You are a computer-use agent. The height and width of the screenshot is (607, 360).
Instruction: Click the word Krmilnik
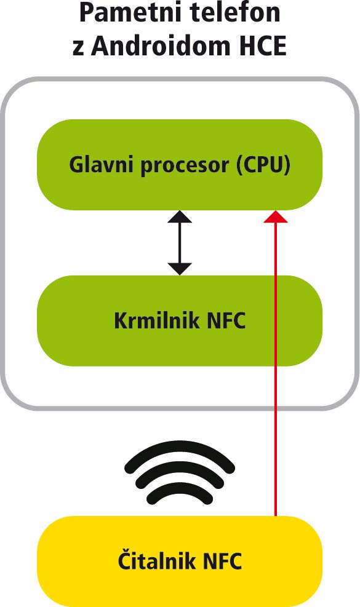coord(157,320)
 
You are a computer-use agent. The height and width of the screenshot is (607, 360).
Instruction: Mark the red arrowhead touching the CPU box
coord(276,216)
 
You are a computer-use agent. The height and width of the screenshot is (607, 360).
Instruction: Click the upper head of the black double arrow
coord(180,216)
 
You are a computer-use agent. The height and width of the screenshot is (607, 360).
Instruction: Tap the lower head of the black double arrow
coord(180,269)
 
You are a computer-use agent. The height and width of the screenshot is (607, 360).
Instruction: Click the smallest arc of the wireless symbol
coord(180,486)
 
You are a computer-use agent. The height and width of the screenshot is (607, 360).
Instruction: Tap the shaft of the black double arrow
coord(180,243)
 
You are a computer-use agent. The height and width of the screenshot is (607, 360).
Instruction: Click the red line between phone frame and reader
coord(276,462)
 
